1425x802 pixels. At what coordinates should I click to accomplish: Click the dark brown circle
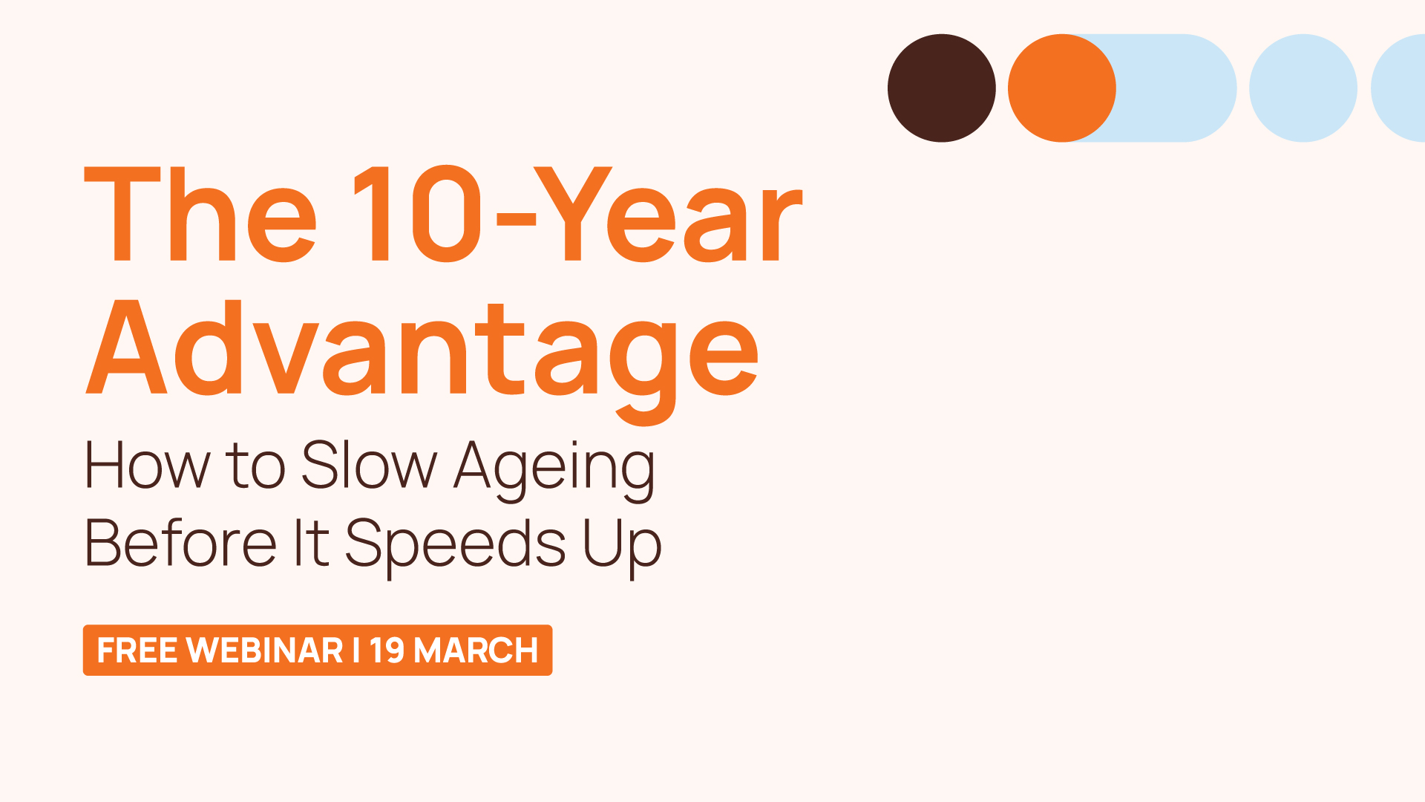point(941,88)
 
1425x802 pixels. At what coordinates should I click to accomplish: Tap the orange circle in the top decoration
point(1061,88)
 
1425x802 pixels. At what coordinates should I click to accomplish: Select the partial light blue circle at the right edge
point(1401,88)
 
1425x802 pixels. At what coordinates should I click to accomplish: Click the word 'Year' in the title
point(668,215)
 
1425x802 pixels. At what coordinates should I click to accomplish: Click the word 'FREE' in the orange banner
point(137,651)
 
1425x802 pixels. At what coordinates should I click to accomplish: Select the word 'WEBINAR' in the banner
point(264,651)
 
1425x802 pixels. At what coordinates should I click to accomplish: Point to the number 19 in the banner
point(387,651)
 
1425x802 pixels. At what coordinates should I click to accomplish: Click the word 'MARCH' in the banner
point(476,651)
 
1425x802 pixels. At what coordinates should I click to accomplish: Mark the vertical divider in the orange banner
point(356,651)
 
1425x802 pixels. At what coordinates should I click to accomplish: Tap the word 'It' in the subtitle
point(311,544)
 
